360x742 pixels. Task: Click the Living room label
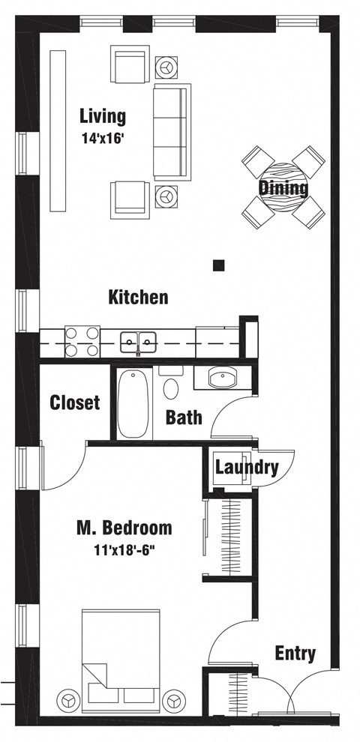(103, 116)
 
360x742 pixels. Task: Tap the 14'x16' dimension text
(103, 138)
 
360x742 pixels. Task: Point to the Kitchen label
(138, 298)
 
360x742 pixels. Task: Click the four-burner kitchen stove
(82, 342)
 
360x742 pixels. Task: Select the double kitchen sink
(138, 343)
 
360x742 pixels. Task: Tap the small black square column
(219, 264)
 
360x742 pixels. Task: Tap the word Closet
(74, 402)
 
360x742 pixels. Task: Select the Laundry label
(246, 468)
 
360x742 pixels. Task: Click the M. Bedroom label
(124, 528)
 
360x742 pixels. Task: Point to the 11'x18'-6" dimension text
(124, 549)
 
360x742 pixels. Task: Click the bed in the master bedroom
(121, 660)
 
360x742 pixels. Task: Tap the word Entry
(294, 654)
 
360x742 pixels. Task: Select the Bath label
(183, 417)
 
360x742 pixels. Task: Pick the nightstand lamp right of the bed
(175, 699)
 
